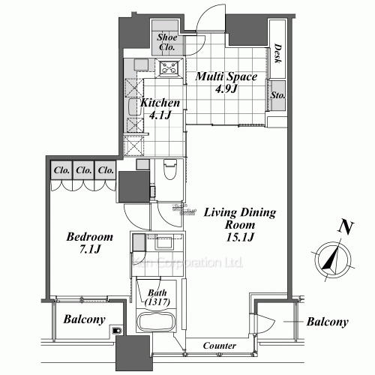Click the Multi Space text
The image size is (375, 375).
(x=226, y=76)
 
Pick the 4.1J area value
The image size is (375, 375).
(x=159, y=115)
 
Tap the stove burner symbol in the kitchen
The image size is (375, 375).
(x=170, y=69)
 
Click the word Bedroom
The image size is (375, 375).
(x=89, y=237)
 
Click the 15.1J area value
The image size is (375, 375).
(x=239, y=238)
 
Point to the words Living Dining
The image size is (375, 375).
(x=239, y=213)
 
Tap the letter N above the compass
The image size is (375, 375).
(x=344, y=226)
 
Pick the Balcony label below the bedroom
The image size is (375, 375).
(x=83, y=319)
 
